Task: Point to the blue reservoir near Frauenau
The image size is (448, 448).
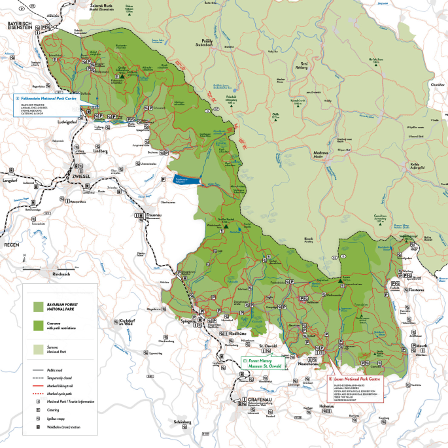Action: (184, 180)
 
